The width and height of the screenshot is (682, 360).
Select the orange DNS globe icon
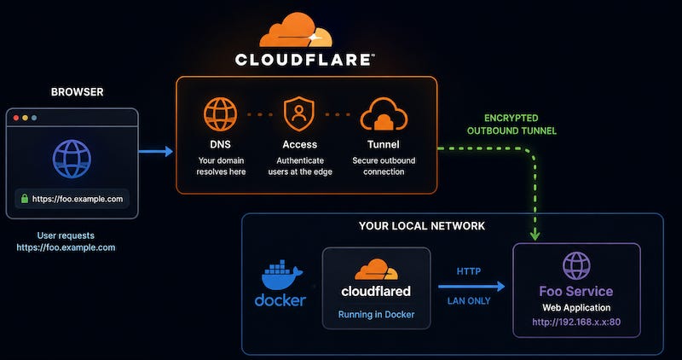point(221,114)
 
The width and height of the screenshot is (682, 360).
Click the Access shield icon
point(299,114)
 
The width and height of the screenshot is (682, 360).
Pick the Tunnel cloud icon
point(384,114)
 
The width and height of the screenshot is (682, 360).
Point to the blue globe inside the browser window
point(72,159)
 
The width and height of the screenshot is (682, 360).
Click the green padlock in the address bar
point(25,199)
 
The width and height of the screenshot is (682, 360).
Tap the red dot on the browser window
point(16,118)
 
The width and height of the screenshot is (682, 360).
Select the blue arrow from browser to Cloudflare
point(156,152)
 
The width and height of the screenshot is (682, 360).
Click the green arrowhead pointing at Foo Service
point(535,235)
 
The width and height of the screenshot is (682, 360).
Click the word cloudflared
point(376,291)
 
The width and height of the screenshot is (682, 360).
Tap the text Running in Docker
point(376,314)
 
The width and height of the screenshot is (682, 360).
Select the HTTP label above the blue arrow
point(469,271)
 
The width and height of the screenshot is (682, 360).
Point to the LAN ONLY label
point(469,301)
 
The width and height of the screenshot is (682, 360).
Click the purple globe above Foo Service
point(576,265)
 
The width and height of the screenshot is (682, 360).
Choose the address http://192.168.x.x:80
point(576,322)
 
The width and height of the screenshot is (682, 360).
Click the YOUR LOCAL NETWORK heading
point(421,226)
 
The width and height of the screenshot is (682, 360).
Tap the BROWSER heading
point(78,92)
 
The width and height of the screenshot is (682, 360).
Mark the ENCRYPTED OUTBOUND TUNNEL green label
point(512,125)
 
